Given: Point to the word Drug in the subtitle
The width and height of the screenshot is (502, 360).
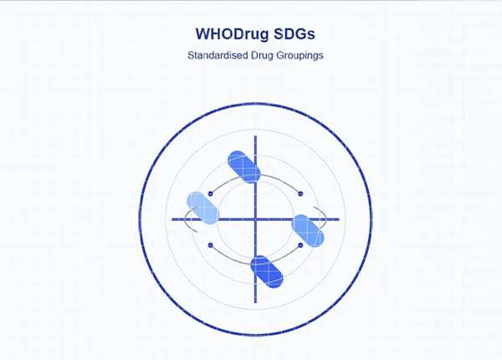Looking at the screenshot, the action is [262, 56].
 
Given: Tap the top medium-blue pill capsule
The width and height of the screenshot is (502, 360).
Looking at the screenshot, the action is [244, 167].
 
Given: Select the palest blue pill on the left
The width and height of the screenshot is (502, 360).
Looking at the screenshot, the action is [203, 208].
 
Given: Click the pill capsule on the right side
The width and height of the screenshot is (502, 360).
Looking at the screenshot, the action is [308, 231].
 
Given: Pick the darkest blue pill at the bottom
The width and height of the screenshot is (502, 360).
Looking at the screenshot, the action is [267, 271].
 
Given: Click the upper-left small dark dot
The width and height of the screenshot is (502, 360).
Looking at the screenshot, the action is [210, 193].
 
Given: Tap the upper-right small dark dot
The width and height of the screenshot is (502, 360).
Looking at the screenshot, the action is [300, 193].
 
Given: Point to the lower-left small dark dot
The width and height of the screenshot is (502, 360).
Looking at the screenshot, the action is [210, 245].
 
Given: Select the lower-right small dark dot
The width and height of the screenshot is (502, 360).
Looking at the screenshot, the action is [300, 245].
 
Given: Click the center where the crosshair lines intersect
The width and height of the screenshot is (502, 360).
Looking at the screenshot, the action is [255, 219].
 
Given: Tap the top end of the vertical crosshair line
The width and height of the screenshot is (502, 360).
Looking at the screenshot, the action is [255, 136].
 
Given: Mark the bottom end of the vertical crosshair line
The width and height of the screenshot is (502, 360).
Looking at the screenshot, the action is [255, 303].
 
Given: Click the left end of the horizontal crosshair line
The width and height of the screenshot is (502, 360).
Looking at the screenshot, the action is [172, 219].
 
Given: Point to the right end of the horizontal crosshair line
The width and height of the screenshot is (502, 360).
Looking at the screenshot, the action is [339, 219].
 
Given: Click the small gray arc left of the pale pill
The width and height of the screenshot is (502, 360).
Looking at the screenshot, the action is [186, 219].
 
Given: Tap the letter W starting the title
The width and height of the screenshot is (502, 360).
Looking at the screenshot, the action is [202, 34].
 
